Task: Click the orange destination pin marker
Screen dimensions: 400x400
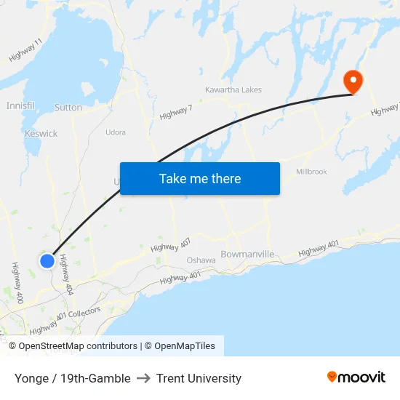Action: pos(352,81)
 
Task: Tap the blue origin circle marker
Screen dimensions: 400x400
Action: pos(47,260)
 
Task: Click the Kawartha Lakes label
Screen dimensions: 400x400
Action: pos(233,90)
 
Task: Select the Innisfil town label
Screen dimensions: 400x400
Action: pos(20,105)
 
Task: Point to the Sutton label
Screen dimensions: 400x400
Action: pos(68,108)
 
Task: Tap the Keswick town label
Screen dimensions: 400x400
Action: pos(41,134)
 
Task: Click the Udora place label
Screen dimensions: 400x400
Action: pos(116,132)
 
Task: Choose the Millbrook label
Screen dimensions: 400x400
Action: pos(311,172)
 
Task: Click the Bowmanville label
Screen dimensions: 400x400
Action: pos(247,255)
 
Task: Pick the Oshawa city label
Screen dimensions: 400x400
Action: pos(201,260)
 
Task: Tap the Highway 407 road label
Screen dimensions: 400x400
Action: pos(171,245)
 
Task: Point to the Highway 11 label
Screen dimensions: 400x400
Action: pos(25,49)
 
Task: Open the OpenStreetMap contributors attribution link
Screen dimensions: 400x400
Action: pos(73,346)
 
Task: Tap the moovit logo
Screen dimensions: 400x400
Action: pos(356,377)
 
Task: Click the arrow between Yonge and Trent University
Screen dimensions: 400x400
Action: pos(143,378)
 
